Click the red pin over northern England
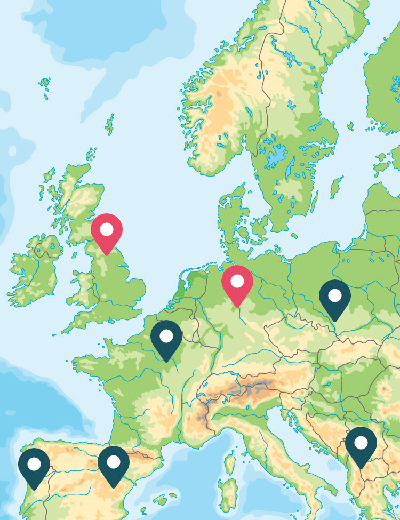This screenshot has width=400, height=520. tap(107, 231)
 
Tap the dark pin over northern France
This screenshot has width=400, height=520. tap(166, 338)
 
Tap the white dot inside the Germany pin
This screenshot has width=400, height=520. tap(237, 281)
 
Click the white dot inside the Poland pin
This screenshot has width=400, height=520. tap(334, 295)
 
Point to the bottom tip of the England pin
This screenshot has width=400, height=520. tap(107, 254)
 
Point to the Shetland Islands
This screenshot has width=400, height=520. tap(110, 124)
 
